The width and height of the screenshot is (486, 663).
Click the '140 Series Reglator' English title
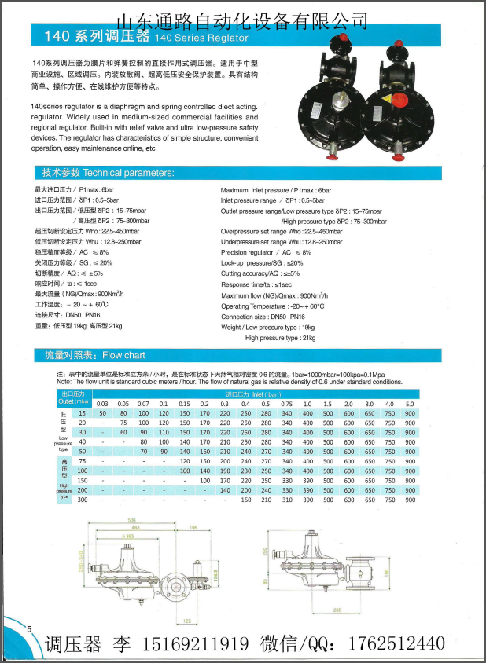[202, 37]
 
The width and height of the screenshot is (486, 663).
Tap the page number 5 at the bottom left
[28, 629]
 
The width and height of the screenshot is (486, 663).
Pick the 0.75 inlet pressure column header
[287, 403]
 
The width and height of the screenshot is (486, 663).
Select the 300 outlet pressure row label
[82, 499]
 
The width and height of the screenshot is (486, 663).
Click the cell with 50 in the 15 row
[102, 412]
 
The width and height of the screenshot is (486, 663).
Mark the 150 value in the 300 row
[245, 499]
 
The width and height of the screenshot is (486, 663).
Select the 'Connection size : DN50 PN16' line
[264, 317]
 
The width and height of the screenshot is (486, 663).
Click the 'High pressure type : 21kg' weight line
[280, 338]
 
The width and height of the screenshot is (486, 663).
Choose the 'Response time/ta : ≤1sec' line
[256, 284]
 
